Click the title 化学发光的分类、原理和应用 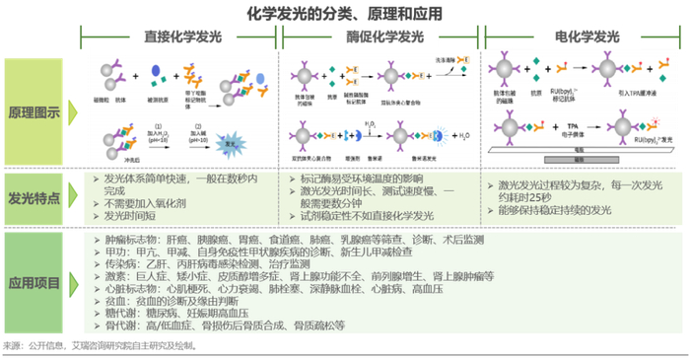(344, 13)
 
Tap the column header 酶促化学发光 (382, 36)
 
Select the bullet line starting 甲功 (266, 252)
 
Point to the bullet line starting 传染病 (197, 265)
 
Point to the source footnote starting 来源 (99, 346)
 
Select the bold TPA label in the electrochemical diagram (573, 126)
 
